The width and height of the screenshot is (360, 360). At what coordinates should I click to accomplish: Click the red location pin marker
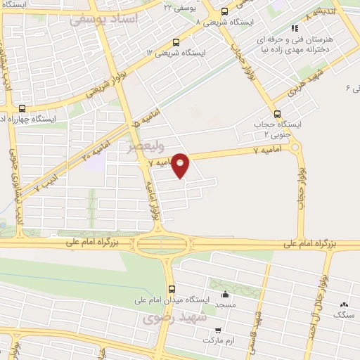tap(181, 165)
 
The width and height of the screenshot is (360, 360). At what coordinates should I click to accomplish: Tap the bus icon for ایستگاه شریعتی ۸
tap(224, 11)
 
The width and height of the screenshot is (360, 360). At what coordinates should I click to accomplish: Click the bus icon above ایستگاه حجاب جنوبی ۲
tap(276, 113)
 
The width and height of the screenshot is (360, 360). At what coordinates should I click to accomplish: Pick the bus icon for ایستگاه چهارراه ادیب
tap(22, 108)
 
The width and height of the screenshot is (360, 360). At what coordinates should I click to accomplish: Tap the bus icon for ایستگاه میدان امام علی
tap(171, 289)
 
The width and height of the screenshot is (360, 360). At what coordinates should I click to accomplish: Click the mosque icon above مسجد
tap(224, 295)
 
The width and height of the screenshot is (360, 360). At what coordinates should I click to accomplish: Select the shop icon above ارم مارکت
tap(218, 329)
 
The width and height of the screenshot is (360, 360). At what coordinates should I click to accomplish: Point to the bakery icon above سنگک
tap(344, 304)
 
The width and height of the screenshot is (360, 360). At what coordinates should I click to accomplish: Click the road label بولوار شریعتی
tap(106, 81)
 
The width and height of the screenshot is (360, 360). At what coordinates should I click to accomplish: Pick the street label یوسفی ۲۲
tap(177, 7)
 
